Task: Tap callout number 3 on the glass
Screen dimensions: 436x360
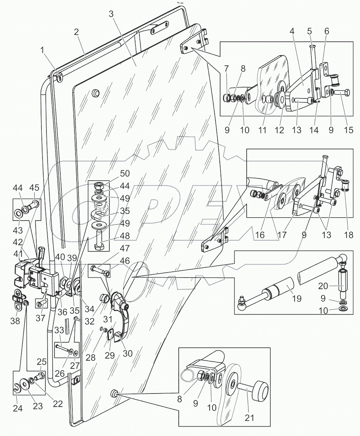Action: pyautogui.click(x=111, y=14)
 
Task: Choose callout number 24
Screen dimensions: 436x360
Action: pyautogui.click(x=18, y=408)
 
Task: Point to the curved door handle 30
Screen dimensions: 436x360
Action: pyautogui.click(x=120, y=320)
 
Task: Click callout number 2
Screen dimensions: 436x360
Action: pyautogui.click(x=76, y=32)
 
